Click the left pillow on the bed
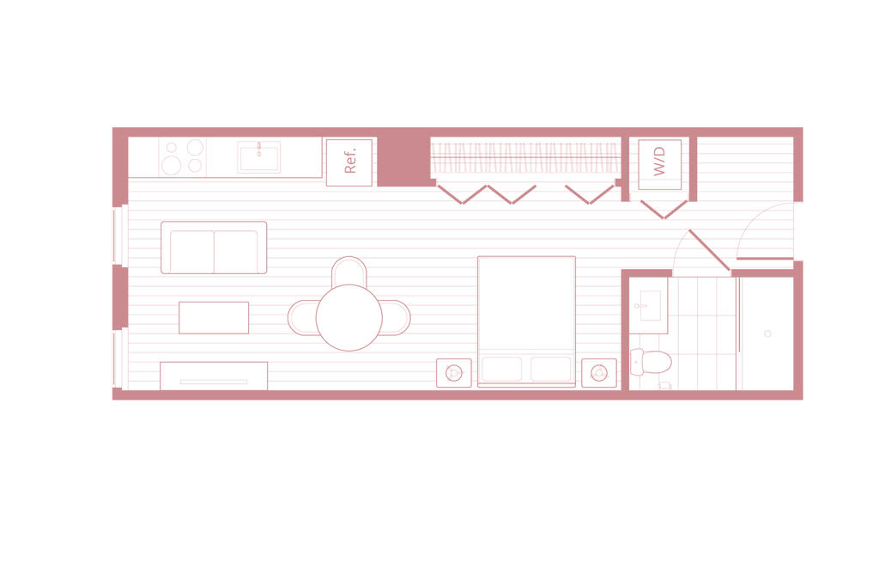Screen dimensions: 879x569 [x=501, y=370]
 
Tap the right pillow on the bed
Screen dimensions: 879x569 [x=551, y=370]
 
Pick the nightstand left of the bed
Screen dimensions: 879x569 [x=452, y=372]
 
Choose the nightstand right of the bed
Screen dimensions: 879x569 [x=598, y=372]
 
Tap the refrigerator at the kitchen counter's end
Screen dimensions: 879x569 [x=349, y=160]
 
